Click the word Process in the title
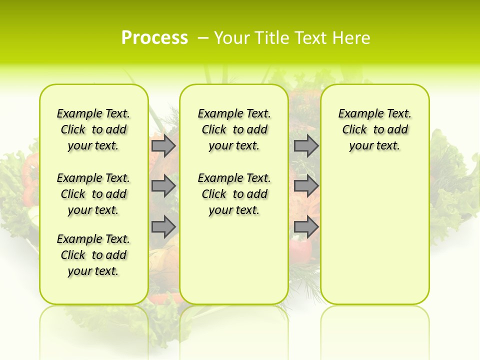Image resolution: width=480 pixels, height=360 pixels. pyautogui.click(x=154, y=37)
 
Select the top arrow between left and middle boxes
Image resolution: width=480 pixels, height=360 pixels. pyautogui.click(x=163, y=145)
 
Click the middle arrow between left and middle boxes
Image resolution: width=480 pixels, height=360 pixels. pyautogui.click(x=163, y=186)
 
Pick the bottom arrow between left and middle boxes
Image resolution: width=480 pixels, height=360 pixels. pyautogui.click(x=163, y=227)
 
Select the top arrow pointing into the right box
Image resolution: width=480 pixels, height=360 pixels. pyautogui.click(x=306, y=145)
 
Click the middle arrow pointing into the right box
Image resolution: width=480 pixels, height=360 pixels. pyautogui.click(x=306, y=186)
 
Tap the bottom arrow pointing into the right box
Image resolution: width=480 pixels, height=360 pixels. pyautogui.click(x=306, y=227)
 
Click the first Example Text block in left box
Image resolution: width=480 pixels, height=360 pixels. pyautogui.click(x=93, y=129)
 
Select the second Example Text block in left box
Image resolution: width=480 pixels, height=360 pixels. pyautogui.click(x=93, y=194)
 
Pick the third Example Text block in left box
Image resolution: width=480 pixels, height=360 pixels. pyautogui.click(x=93, y=255)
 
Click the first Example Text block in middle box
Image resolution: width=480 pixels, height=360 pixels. pyautogui.click(x=234, y=129)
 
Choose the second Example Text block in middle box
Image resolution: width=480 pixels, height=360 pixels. pyautogui.click(x=234, y=194)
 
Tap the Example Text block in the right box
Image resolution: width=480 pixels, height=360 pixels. pyautogui.click(x=375, y=129)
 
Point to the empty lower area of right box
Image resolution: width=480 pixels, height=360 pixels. pyautogui.click(x=375, y=235)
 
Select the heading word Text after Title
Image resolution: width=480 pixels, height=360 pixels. pyautogui.click(x=311, y=38)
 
